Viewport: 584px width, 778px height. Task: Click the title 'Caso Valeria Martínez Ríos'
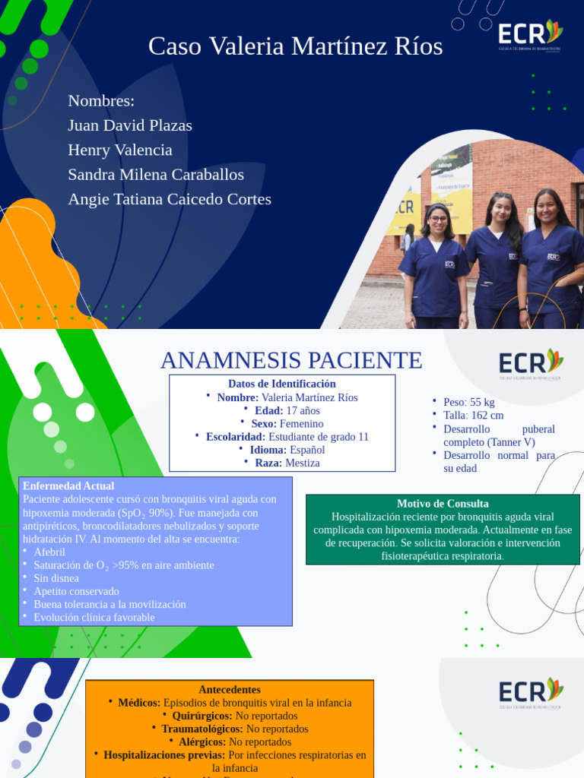click(x=295, y=47)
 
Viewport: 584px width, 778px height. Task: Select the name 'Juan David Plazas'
click(x=130, y=125)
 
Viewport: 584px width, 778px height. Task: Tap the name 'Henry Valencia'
click(x=120, y=150)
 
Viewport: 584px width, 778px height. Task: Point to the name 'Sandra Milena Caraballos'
click(x=156, y=174)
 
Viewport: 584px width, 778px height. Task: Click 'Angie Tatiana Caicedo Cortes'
click(x=170, y=199)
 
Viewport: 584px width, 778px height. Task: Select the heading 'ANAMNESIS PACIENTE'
click(x=292, y=360)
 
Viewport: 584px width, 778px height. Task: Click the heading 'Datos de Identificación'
click(x=281, y=384)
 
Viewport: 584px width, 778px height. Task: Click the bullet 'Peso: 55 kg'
click(x=468, y=402)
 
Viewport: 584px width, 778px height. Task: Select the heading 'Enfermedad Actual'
click(x=68, y=485)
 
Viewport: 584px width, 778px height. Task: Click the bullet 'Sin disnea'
click(x=56, y=578)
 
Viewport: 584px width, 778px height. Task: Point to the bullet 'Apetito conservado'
click(x=76, y=591)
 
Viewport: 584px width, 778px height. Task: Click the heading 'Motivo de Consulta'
click(x=443, y=504)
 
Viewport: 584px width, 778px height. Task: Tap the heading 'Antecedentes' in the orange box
click(x=229, y=690)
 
